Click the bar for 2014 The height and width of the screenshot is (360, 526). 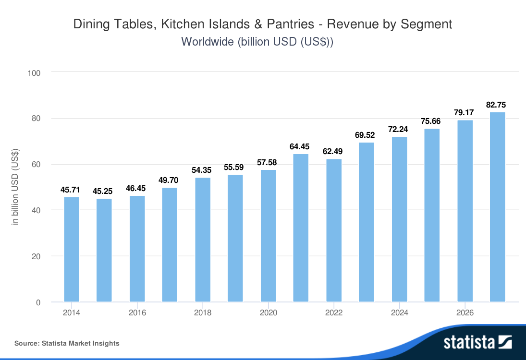(72, 250)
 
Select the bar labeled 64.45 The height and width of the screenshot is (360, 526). (301, 228)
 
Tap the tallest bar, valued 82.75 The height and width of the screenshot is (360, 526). (497, 207)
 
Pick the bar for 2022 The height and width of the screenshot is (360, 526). (334, 230)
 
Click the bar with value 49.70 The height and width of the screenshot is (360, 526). (170, 245)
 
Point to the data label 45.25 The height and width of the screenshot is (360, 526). (104, 191)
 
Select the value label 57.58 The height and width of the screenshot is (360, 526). (268, 162)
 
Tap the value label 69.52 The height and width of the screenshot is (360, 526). (367, 134)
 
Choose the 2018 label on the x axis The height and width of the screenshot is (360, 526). (203, 313)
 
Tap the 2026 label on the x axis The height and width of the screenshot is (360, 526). (465, 313)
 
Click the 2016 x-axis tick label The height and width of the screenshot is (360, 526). (137, 313)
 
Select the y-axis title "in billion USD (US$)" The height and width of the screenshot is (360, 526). (15, 188)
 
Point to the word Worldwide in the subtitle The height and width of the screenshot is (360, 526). (207, 42)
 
